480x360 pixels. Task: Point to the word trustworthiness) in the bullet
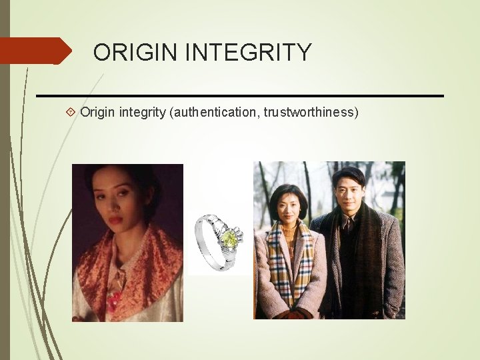311,112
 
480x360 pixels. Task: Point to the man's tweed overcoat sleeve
393,267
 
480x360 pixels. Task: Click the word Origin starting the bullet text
98,112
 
